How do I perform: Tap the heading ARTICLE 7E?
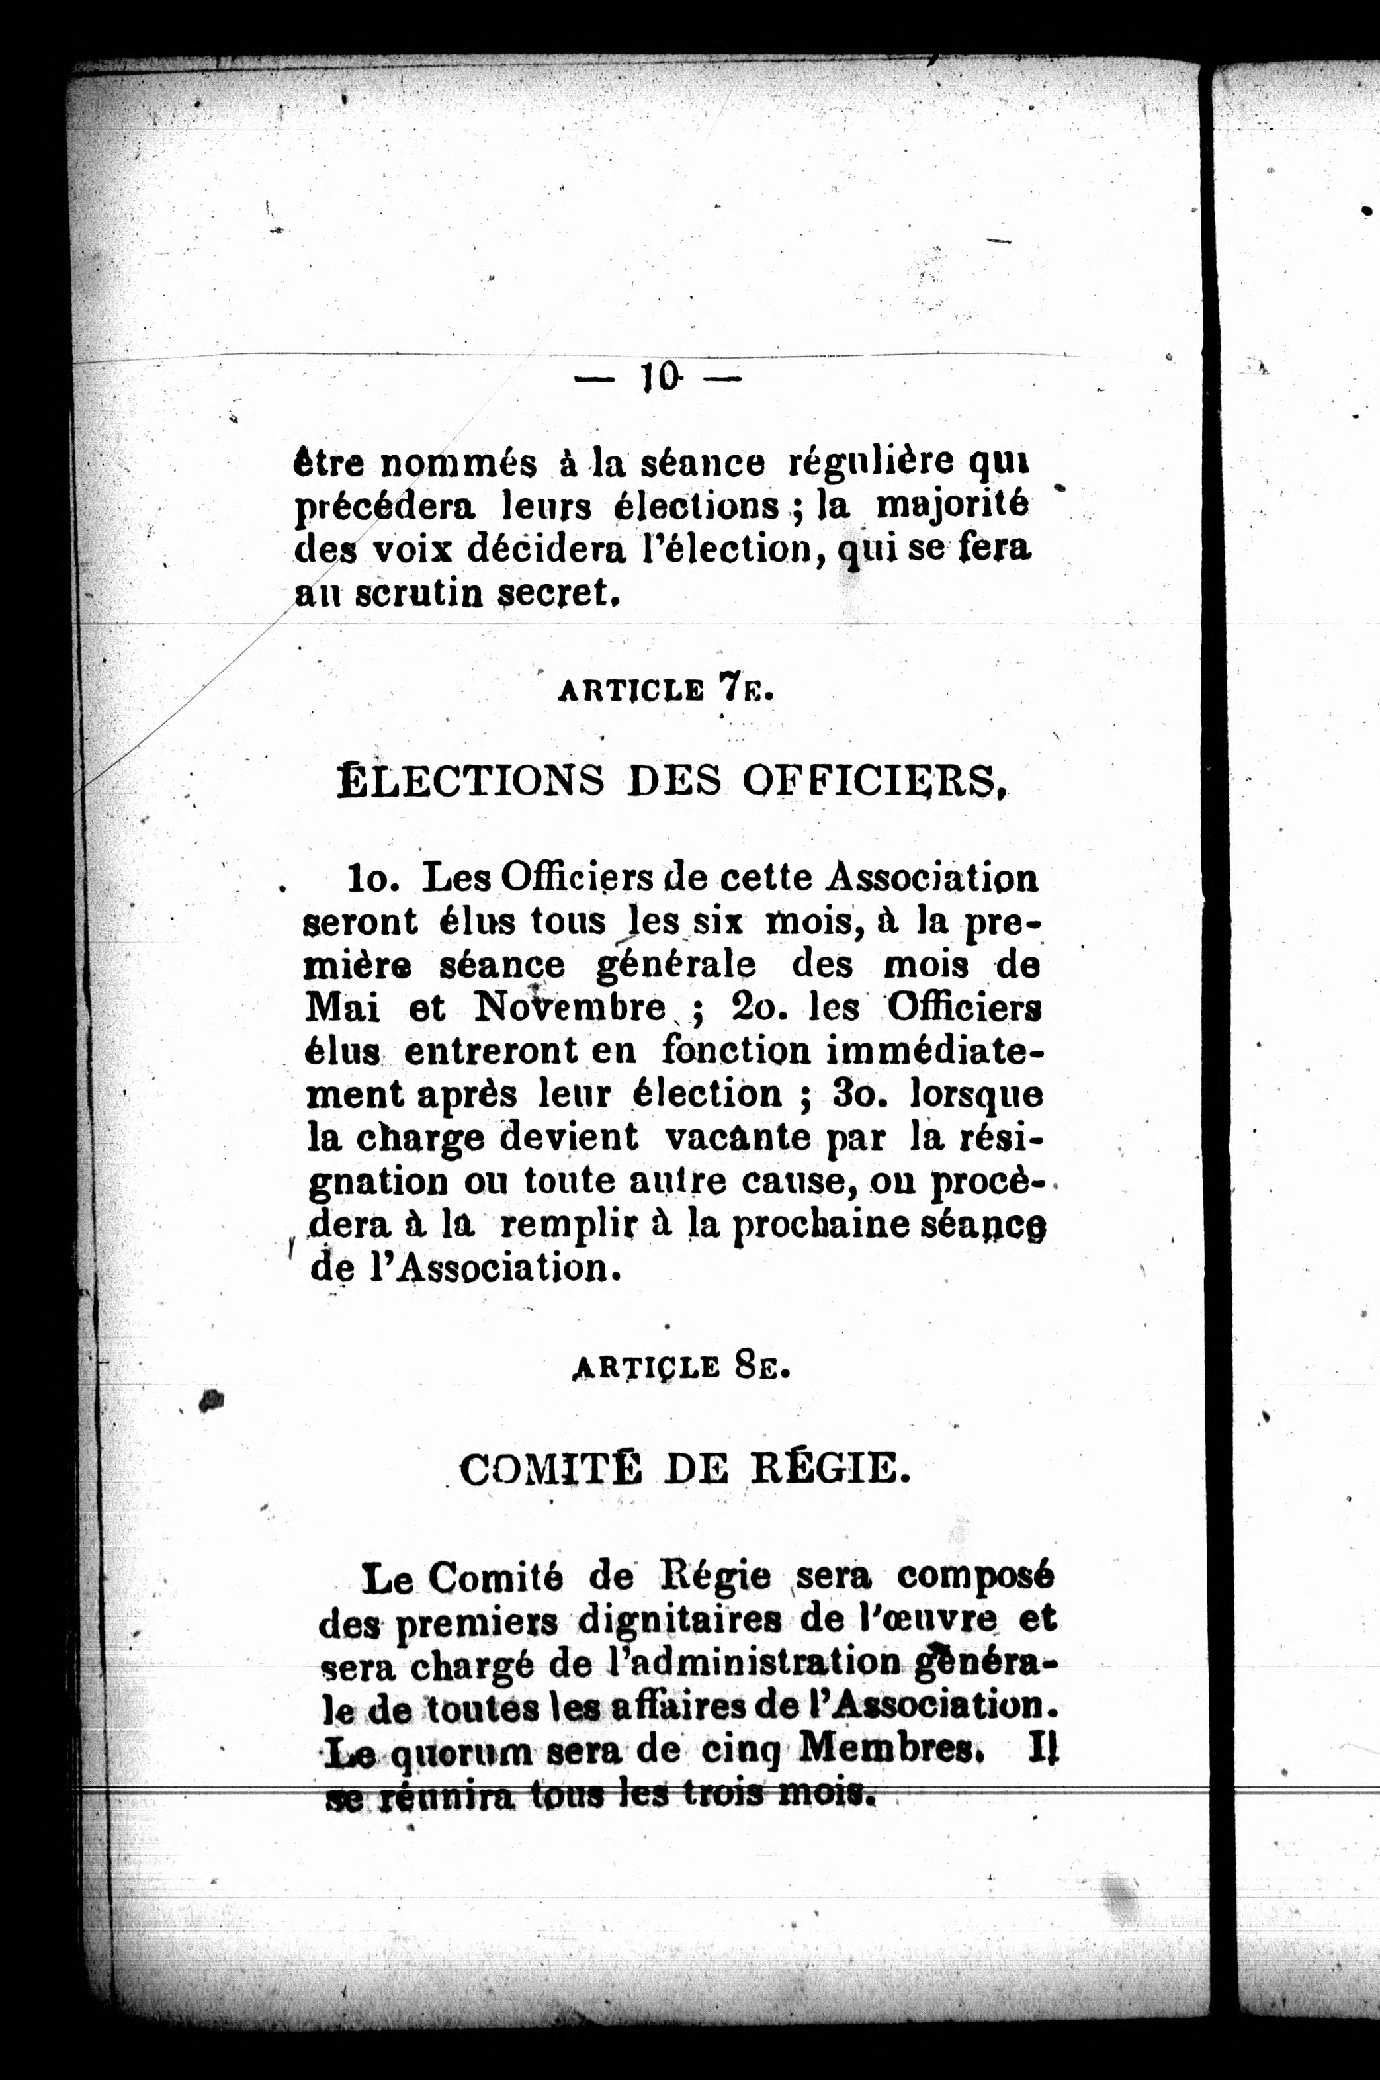coord(666,689)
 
